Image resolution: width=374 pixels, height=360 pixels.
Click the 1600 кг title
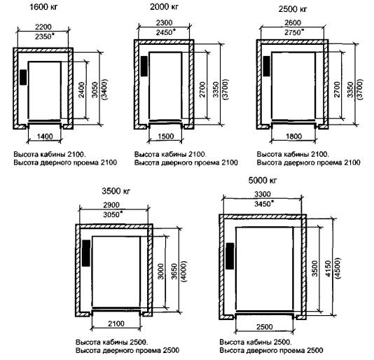point(43,7)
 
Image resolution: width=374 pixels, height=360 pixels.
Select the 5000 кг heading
point(263,181)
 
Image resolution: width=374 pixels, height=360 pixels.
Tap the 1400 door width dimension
point(45,136)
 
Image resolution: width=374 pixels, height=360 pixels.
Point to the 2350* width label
point(44,36)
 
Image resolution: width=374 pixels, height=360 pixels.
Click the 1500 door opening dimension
point(166,136)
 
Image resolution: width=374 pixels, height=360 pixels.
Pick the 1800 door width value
point(294,136)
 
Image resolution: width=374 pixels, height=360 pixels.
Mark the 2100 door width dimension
point(116,324)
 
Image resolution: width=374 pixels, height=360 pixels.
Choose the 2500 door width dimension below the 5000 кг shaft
point(265,326)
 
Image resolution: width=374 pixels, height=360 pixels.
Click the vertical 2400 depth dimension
point(81,90)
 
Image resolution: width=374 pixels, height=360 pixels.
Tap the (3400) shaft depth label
point(104,90)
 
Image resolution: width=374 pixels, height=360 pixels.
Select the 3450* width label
point(264,204)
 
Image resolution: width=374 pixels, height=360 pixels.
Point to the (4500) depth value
point(338,268)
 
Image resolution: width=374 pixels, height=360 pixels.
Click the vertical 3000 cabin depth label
point(161,271)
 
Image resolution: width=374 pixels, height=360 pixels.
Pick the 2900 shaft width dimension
point(111,205)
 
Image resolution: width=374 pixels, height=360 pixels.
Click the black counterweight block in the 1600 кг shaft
point(23,77)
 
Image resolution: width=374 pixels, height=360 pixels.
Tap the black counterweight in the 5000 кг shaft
point(230,256)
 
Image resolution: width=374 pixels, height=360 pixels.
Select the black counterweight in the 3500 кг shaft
point(86,253)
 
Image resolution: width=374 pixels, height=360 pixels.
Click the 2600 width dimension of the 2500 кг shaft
point(293,22)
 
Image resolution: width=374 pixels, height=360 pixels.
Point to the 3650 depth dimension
point(174,271)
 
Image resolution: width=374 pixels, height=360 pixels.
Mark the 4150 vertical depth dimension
point(328,269)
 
